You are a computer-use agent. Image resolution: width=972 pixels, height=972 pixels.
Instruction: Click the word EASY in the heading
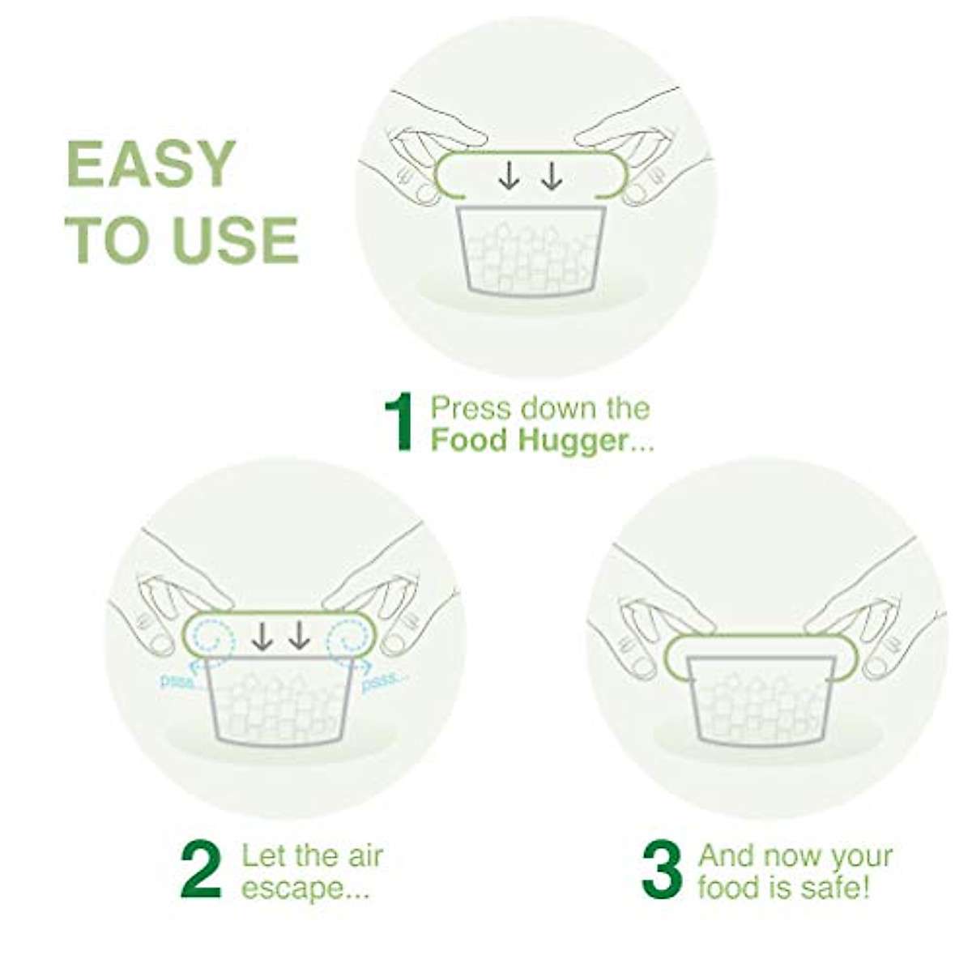(x=151, y=164)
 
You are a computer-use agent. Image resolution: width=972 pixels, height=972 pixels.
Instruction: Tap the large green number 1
(x=399, y=423)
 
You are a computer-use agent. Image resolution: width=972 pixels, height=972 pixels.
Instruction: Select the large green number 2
(x=201, y=871)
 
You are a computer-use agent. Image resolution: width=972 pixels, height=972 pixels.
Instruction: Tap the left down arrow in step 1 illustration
(x=509, y=176)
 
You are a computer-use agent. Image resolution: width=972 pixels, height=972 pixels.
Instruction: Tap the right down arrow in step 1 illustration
(x=552, y=176)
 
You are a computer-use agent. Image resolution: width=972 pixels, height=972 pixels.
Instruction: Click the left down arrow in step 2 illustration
(x=261, y=637)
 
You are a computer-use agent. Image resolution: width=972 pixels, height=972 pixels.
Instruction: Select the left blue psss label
(x=178, y=681)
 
